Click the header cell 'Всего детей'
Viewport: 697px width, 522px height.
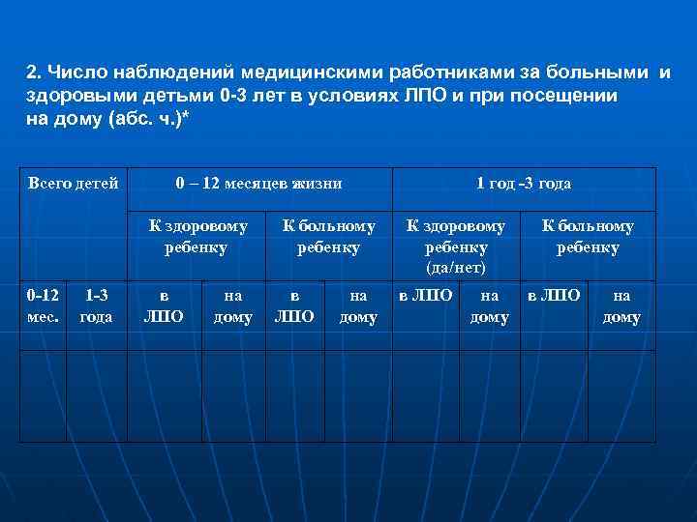coord(74,183)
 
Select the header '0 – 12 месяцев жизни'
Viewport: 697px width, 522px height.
coord(258,183)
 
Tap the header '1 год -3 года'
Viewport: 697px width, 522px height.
coord(524,183)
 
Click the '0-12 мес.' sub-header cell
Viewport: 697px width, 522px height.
coord(43,305)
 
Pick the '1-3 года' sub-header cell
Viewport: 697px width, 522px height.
coord(96,305)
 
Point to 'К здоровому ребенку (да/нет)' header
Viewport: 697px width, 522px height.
coord(456,246)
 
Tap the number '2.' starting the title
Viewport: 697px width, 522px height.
coord(34,73)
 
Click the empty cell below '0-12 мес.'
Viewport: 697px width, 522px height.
coord(43,394)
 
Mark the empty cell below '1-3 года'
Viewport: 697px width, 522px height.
coord(96,394)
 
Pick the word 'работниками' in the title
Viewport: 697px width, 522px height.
coord(464,73)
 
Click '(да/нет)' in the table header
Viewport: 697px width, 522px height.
coord(456,266)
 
